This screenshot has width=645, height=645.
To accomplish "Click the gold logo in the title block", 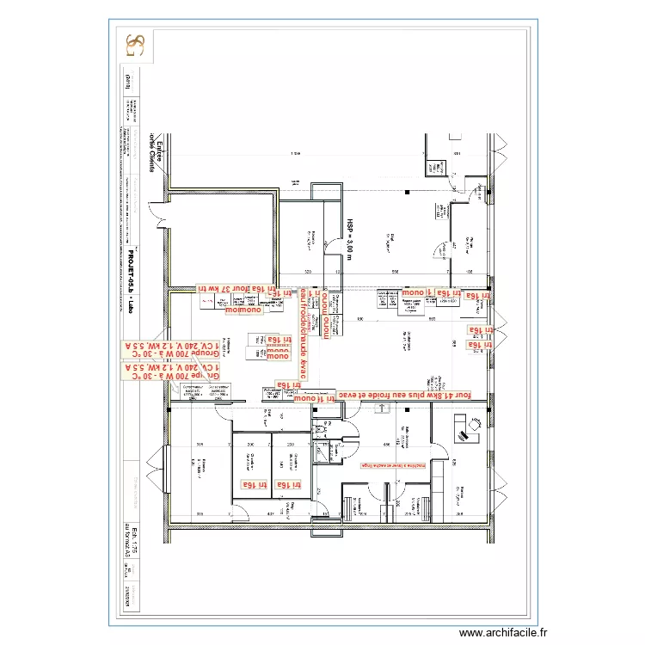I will pos(135,46).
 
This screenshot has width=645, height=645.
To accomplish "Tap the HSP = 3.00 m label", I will pos(350,233).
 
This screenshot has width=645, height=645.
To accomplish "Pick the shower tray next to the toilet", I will pos(322,451).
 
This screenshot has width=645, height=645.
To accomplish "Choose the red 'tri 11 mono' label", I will pos(315,399).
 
